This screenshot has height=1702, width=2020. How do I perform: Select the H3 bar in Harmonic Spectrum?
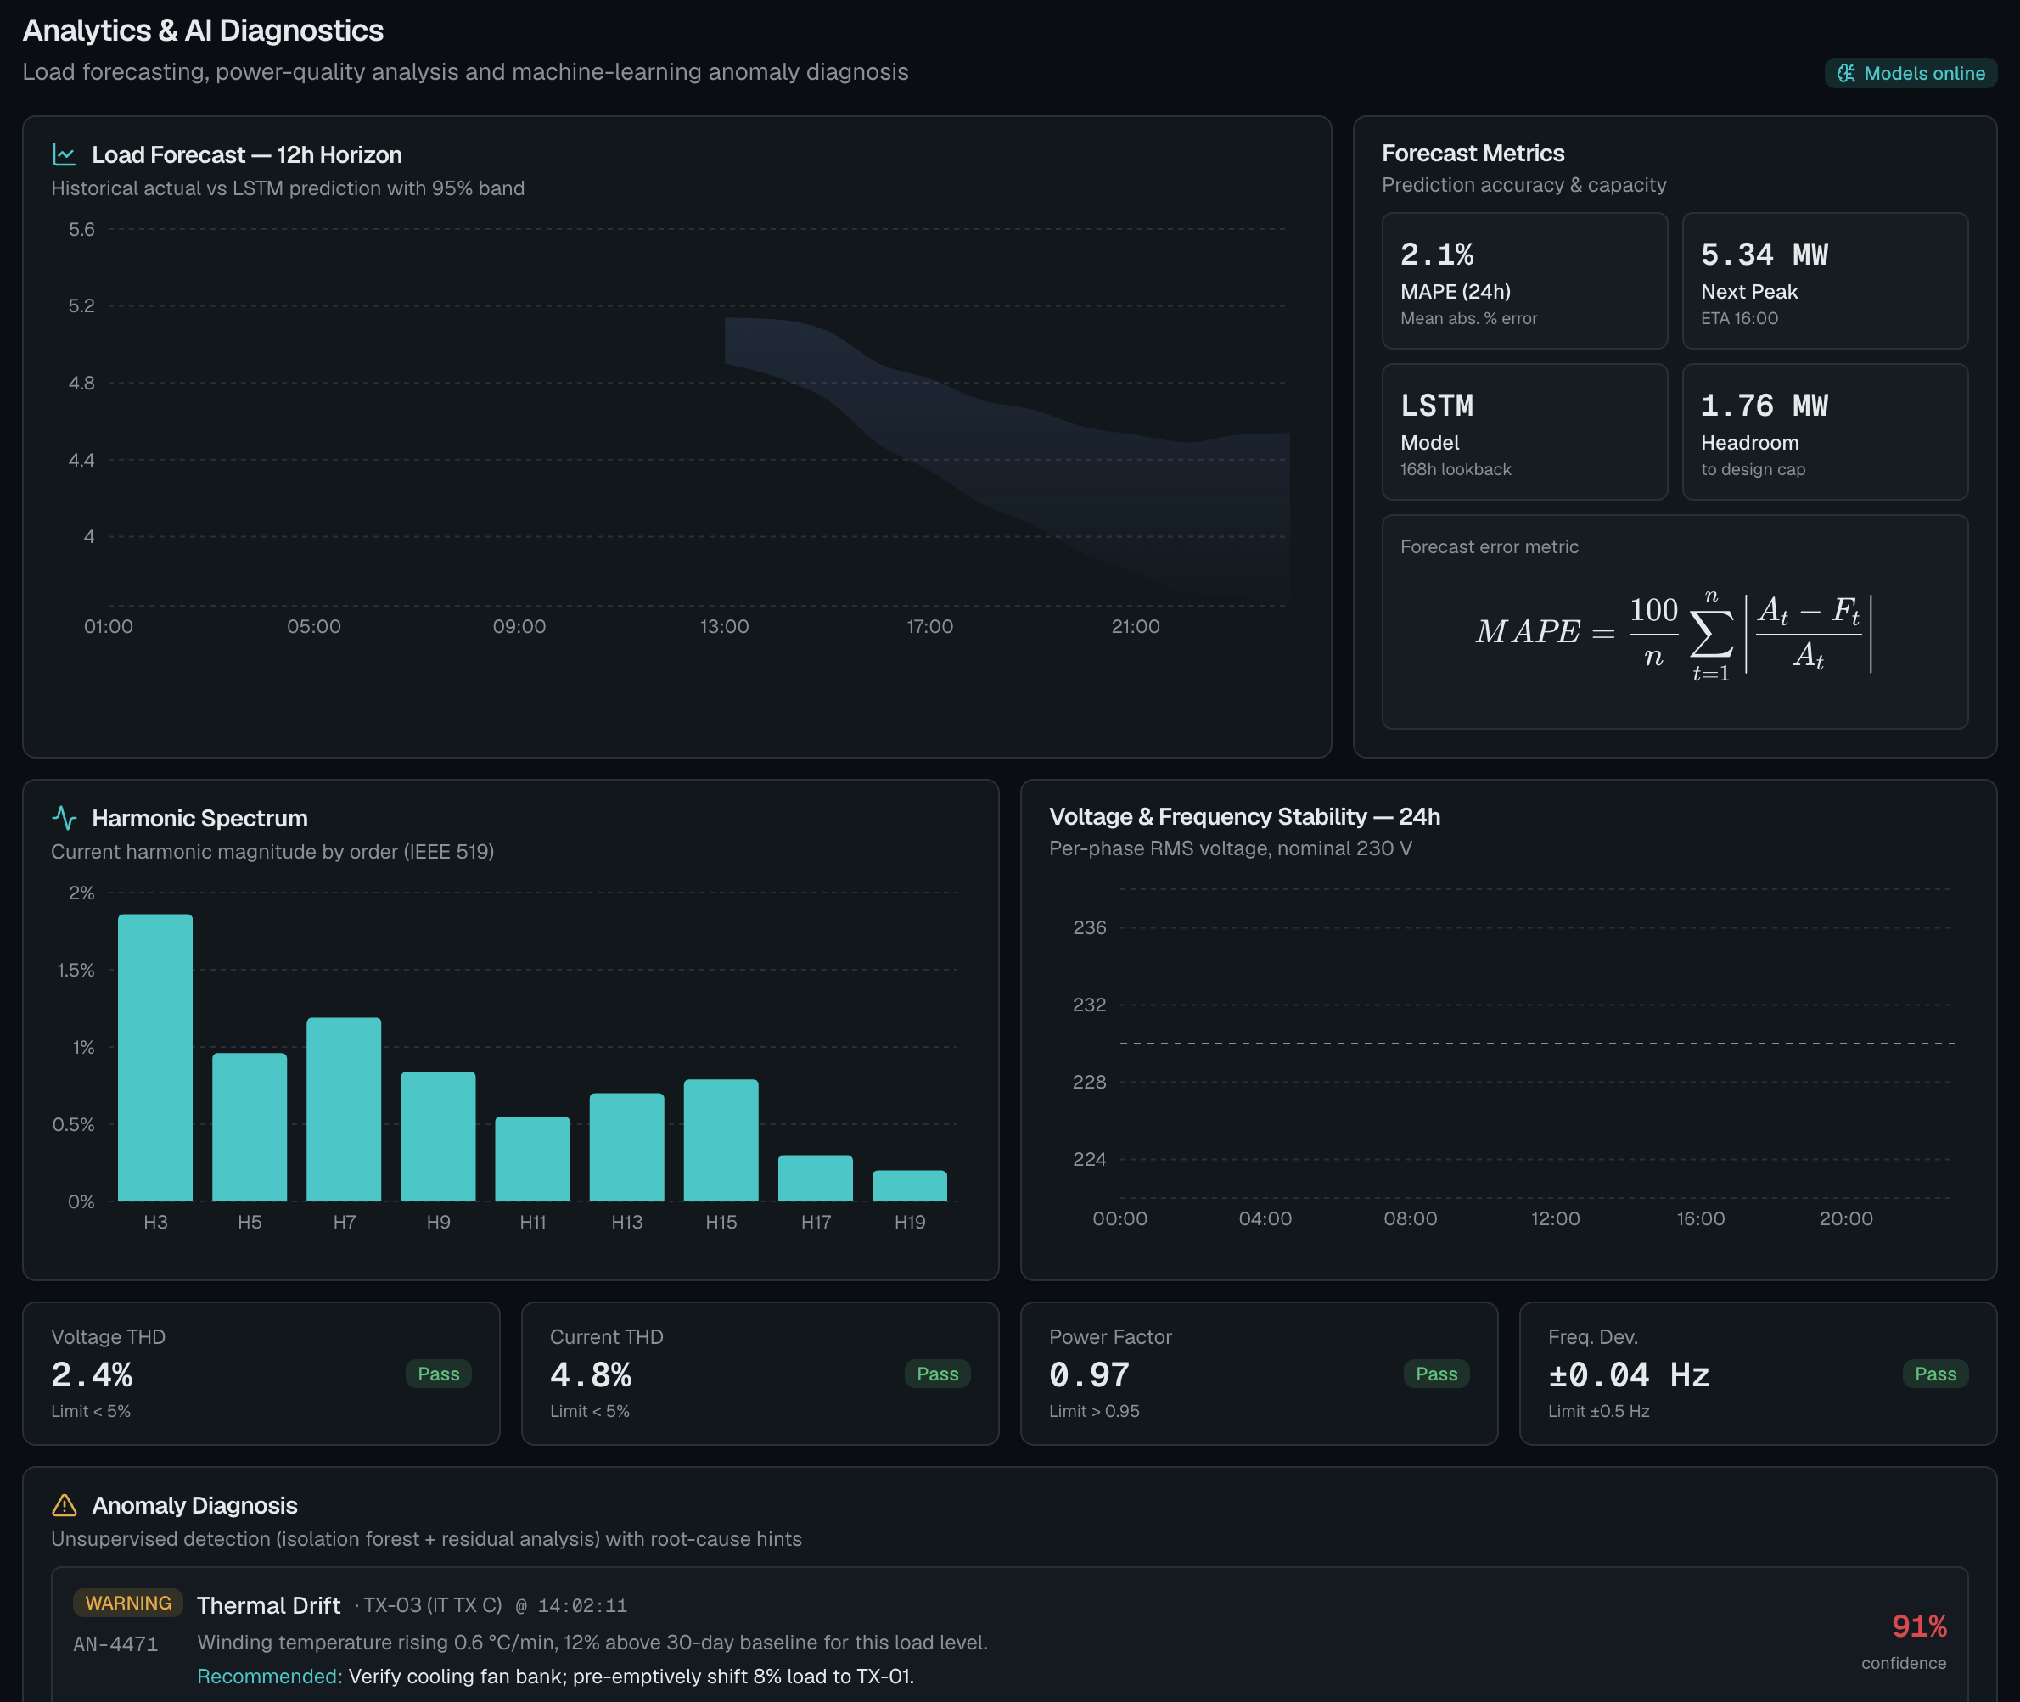155,1057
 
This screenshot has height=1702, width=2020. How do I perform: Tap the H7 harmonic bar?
344,1110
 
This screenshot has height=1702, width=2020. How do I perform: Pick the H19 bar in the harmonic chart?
909,1186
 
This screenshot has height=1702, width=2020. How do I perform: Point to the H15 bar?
721,1140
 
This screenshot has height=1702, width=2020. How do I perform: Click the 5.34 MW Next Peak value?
1765,255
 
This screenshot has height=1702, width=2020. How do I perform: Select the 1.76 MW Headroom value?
1765,406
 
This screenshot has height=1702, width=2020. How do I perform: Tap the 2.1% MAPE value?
1437,255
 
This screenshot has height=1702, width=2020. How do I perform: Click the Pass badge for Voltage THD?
438,1374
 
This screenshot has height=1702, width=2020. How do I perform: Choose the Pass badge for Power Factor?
1436,1374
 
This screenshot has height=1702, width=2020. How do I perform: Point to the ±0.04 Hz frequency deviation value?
1629,1374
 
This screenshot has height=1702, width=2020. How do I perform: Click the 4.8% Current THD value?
591,1374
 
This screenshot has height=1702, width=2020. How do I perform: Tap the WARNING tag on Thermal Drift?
128,1603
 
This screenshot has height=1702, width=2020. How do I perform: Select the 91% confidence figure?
1919,1626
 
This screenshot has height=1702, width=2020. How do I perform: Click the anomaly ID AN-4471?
115,1644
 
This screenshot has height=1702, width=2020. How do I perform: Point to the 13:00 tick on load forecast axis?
724,626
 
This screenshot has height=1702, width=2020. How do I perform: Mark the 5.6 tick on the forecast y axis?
82,230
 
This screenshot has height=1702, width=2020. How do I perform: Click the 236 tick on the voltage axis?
1090,927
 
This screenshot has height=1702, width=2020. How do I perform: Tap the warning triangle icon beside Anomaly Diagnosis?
64,1505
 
